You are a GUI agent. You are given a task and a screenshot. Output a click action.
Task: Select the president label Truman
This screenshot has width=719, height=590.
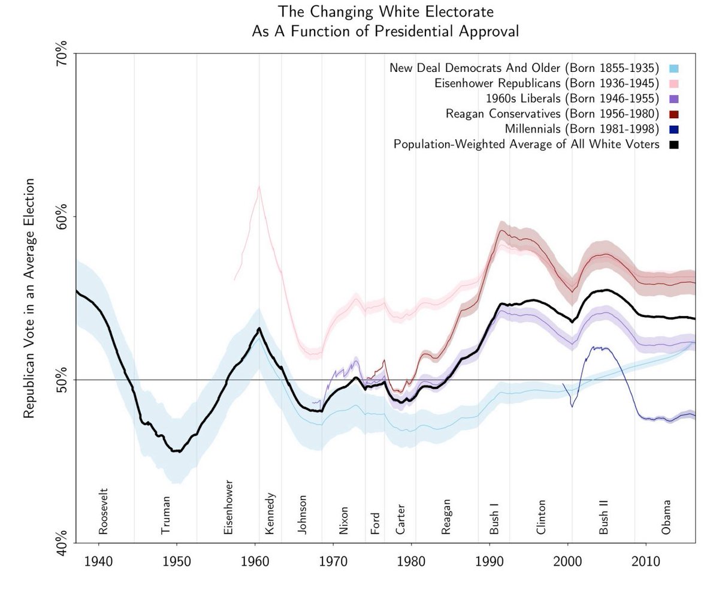point(166,514)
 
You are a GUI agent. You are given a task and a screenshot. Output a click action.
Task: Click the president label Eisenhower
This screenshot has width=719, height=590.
point(228,507)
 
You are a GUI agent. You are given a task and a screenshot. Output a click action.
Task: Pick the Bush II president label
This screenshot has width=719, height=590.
point(604,514)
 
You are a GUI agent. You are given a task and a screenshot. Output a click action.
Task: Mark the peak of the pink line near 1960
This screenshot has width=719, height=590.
point(259,186)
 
